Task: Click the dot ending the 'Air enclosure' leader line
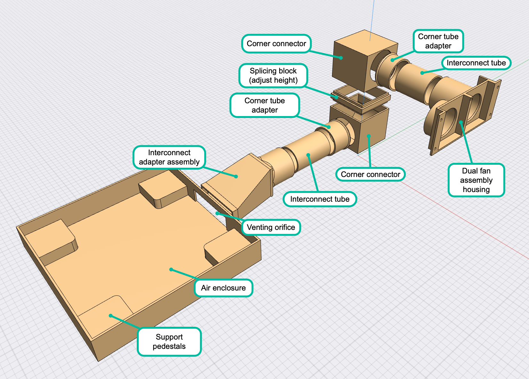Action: (171, 270)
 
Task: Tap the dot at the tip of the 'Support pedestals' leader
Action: (110, 316)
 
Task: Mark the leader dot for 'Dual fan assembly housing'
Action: (461, 122)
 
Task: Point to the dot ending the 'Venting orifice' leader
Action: (217, 214)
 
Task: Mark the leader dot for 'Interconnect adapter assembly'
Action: (236, 176)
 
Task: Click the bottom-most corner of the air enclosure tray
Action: (98, 361)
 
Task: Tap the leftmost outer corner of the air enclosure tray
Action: (17, 227)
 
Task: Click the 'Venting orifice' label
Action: (271, 227)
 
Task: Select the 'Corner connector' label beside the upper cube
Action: (276, 44)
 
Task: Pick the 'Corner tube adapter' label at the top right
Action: (438, 41)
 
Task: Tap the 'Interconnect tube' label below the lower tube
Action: (320, 199)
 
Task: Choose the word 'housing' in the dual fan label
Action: (476, 189)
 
